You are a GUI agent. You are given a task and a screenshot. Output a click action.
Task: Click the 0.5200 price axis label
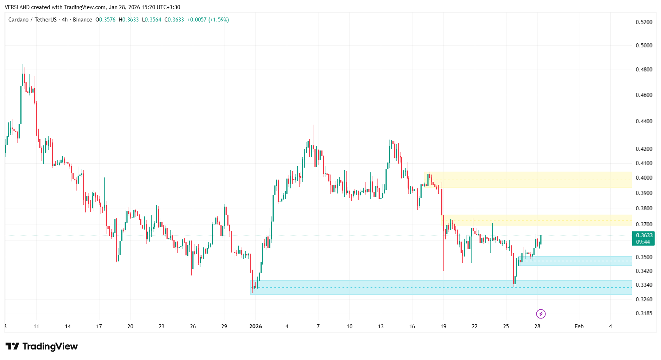[644, 22]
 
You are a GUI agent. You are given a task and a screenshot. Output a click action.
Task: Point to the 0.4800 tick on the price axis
[644, 70]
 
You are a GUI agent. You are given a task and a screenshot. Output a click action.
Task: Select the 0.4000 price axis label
[644, 178]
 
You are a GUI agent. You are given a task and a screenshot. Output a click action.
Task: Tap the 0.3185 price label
[644, 313]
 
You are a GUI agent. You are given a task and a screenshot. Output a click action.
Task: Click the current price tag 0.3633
[644, 235]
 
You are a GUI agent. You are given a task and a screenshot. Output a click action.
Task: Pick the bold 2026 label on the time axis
[255, 326]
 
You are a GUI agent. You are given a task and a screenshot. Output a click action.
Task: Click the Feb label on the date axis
[579, 326]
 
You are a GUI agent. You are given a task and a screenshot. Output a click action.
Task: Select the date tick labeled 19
[443, 326]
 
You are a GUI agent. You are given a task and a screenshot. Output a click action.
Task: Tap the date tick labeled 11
[36, 326]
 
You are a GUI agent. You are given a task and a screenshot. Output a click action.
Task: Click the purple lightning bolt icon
[541, 314]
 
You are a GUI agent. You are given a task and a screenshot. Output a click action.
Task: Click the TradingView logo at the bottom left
[42, 346]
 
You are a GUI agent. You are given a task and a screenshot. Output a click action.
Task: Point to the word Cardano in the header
[18, 20]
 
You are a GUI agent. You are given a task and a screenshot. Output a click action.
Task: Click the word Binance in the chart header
[82, 20]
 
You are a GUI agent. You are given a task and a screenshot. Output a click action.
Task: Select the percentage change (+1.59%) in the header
[219, 20]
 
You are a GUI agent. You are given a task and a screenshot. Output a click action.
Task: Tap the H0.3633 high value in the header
[129, 20]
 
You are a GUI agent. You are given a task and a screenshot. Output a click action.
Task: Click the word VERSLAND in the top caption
[17, 7]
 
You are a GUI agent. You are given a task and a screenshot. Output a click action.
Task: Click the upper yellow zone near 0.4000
[528, 180]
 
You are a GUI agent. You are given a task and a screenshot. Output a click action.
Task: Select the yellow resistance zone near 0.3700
[539, 220]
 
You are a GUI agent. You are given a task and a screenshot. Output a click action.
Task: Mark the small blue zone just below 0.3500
[576, 261]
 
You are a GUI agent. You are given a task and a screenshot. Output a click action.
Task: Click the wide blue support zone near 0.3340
[437, 287]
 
